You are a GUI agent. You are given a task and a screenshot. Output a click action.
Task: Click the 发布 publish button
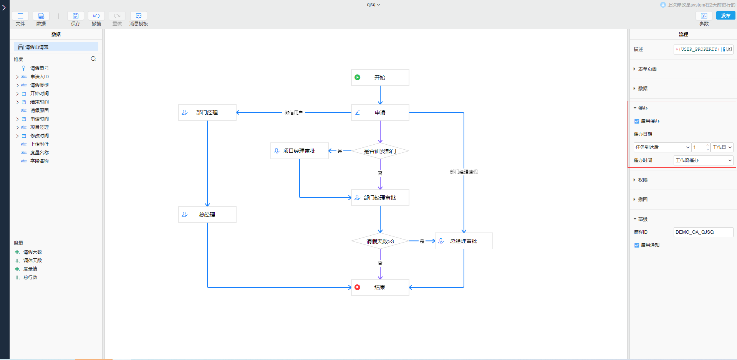click(725, 16)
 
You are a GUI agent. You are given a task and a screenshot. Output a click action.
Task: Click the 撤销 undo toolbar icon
click(96, 16)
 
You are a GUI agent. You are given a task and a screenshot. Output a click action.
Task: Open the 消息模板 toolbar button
click(139, 16)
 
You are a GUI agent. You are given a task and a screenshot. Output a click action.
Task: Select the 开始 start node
click(380, 78)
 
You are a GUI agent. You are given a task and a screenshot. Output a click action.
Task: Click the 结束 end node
click(380, 287)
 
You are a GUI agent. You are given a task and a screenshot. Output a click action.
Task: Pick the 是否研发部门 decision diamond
click(380, 151)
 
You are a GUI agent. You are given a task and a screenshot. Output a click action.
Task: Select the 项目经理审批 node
click(299, 151)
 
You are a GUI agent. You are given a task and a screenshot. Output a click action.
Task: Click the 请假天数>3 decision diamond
click(380, 241)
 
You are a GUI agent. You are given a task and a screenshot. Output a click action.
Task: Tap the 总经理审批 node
click(464, 241)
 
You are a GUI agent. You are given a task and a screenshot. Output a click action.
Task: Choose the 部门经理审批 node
click(380, 198)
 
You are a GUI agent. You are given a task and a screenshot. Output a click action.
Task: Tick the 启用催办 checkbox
click(637, 121)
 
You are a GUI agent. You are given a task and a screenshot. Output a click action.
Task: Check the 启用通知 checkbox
click(637, 245)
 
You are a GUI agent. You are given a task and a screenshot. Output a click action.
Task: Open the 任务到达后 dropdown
click(662, 147)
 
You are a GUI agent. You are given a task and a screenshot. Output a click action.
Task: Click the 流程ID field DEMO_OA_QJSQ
click(703, 232)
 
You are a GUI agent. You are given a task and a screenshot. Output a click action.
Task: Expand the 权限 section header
click(643, 180)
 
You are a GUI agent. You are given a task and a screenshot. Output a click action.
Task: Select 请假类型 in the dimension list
click(40, 85)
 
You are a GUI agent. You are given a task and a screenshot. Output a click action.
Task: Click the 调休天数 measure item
click(33, 261)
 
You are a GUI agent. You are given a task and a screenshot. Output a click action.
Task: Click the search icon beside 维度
click(93, 59)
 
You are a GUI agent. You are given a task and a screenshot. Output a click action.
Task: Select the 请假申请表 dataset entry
click(37, 47)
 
